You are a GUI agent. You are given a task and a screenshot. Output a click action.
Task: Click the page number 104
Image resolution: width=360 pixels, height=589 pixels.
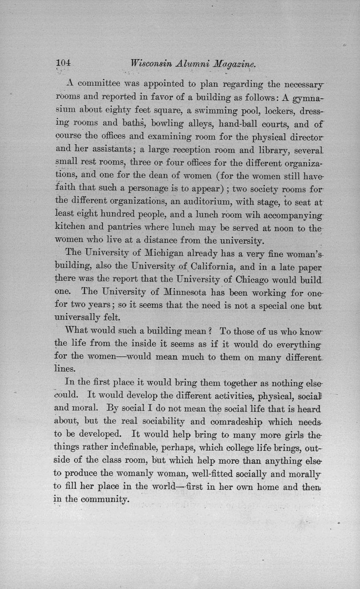pos(63,63)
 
